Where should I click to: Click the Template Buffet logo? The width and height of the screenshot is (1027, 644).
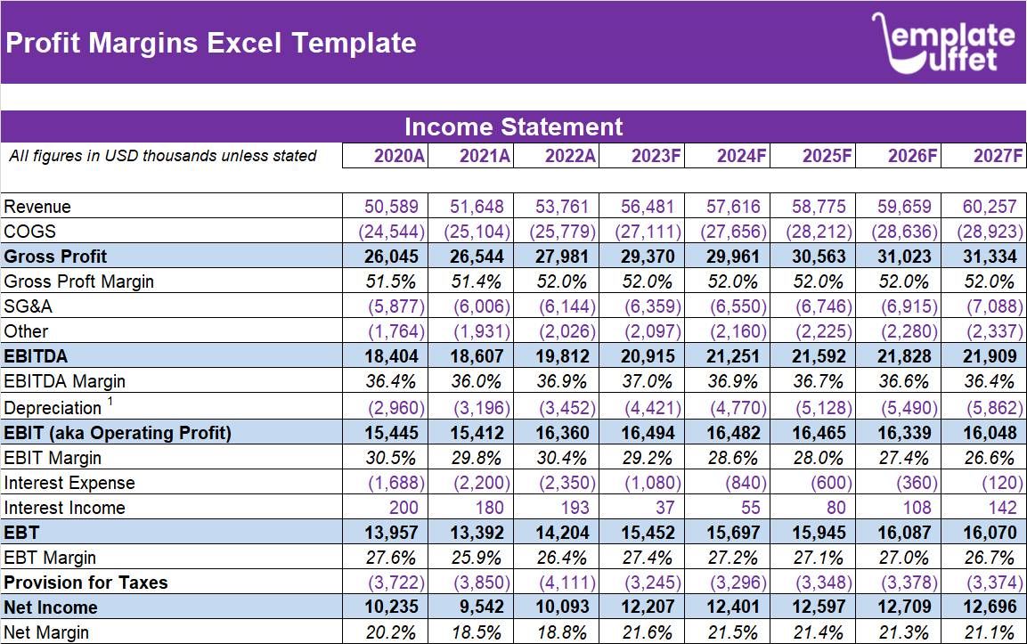943,43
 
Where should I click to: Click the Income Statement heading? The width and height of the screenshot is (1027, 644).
513,126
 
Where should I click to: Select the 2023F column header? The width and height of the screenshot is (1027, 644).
656,156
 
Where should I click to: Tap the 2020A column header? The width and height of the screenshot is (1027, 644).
399,156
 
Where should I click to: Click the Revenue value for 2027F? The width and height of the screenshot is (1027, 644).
989,207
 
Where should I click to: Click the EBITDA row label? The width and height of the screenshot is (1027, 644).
37,356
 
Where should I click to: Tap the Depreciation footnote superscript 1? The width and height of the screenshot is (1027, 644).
110,402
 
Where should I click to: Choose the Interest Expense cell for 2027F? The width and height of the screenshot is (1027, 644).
1001,483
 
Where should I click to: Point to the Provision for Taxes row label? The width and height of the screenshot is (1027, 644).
86,583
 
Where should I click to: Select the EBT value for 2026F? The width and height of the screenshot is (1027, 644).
905,533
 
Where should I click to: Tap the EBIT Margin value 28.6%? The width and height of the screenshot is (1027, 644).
734,458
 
